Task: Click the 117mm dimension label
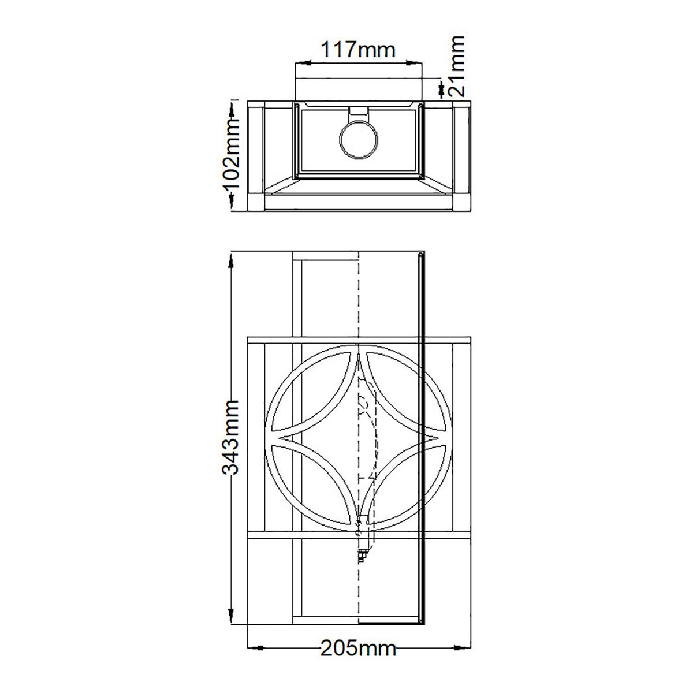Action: tap(358, 50)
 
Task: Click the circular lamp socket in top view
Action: tap(358, 140)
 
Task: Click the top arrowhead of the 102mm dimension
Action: tap(232, 107)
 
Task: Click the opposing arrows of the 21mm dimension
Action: tap(441, 88)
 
